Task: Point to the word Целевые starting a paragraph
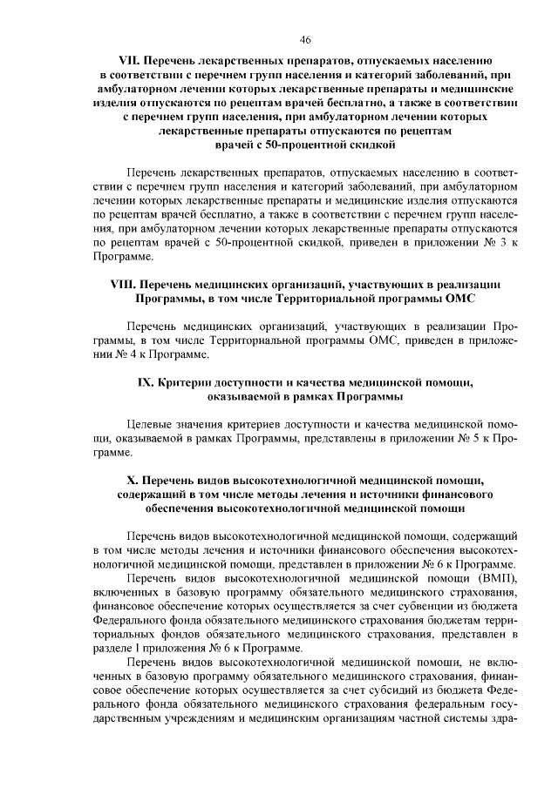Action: pyautogui.click(x=146, y=425)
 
